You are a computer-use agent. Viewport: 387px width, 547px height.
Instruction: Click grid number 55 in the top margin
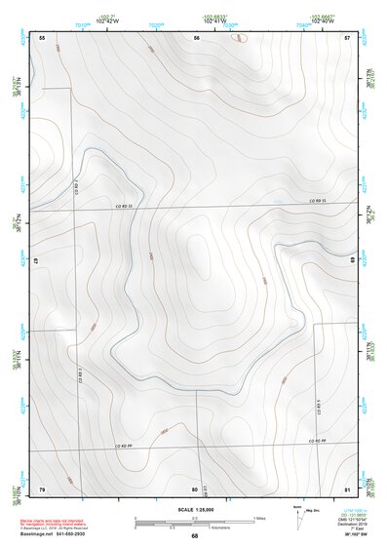[42, 37]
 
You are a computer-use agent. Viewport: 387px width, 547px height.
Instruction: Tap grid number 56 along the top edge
[197, 37]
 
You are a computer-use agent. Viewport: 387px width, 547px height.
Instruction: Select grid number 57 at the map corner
[347, 37]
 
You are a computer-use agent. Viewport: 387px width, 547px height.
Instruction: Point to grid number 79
[42, 488]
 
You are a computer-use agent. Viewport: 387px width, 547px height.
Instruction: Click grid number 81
[347, 488]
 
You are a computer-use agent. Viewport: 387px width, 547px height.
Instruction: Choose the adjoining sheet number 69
[352, 261]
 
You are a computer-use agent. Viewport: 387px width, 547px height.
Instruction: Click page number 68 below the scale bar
[194, 536]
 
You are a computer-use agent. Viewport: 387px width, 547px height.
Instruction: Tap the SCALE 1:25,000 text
[194, 510]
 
